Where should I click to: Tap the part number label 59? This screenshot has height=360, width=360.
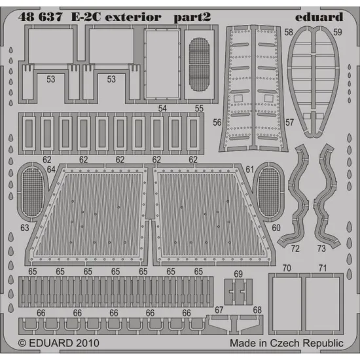click(x=337, y=31)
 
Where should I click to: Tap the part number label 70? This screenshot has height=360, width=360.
click(x=286, y=268)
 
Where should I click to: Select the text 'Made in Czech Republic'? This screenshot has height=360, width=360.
click(x=285, y=343)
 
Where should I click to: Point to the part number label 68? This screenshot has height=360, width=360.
click(x=257, y=310)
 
